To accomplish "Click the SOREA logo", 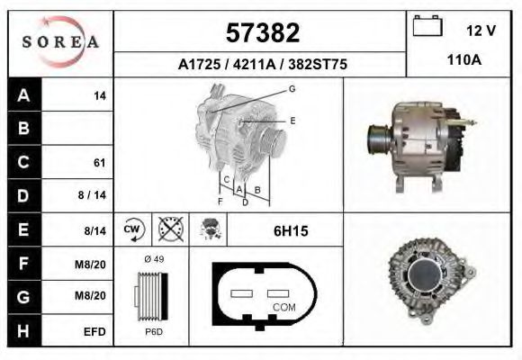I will [x=60, y=43].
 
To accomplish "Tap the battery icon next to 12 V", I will [x=426, y=28].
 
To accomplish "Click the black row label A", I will [x=24, y=94].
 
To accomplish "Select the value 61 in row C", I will [x=100, y=163].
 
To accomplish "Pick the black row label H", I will [x=24, y=330].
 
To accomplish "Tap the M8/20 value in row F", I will [x=94, y=263].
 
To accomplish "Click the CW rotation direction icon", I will [x=133, y=230].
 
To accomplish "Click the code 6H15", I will [x=290, y=231].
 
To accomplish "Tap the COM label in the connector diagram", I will [x=283, y=307].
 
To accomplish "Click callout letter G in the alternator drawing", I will [x=292, y=88].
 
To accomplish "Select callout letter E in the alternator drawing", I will [x=292, y=119].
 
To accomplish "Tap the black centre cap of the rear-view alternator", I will [x=424, y=278].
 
